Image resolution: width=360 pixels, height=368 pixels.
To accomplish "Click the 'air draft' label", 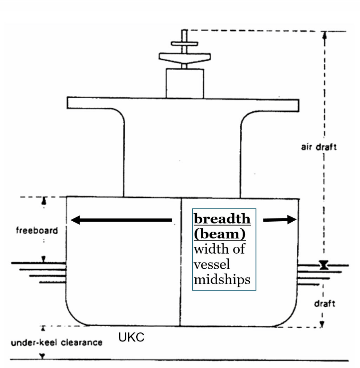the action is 318,147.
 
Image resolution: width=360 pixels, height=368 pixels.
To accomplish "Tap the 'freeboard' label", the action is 37,230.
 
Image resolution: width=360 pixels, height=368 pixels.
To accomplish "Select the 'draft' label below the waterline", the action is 325,304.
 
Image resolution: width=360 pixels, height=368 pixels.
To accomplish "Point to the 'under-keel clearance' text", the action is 56,343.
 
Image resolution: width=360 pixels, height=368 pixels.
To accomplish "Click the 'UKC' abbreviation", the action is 132,337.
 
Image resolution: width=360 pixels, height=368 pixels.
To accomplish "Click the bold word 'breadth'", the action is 222,219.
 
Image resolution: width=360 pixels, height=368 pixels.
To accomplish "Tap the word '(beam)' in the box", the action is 220,234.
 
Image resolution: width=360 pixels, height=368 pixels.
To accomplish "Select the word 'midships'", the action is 222,280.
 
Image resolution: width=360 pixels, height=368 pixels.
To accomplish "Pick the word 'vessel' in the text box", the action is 212,265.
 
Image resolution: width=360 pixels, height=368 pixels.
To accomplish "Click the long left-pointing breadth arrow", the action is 121,220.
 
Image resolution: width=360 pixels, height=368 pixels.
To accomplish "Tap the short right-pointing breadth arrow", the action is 280,220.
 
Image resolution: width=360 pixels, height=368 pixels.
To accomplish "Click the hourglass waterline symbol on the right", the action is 324,265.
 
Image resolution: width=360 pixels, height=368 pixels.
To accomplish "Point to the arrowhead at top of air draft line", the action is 325,35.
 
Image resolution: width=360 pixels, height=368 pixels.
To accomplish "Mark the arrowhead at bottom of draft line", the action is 322,324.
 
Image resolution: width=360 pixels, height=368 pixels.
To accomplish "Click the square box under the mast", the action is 185,83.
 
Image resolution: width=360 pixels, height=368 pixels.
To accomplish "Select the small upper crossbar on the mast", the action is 184,44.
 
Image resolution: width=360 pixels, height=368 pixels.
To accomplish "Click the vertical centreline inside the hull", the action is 181,262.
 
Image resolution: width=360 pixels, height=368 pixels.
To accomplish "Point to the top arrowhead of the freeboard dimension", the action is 44,201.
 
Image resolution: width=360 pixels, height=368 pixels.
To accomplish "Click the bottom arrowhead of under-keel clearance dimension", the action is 42,356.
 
